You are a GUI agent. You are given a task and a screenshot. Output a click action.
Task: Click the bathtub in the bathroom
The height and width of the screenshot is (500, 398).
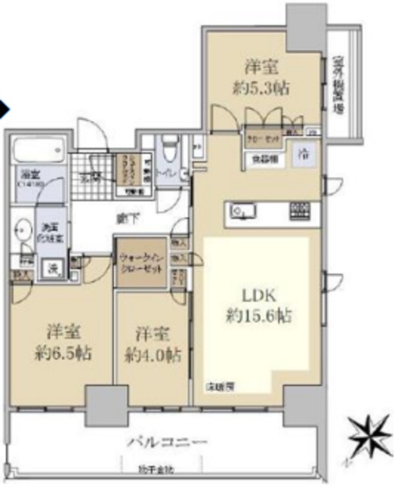coord(38,148)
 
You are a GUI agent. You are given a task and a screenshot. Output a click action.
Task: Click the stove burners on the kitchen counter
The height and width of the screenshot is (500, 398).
coord(300,209)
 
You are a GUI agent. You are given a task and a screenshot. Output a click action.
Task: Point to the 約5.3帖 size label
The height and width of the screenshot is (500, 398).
coord(264,87)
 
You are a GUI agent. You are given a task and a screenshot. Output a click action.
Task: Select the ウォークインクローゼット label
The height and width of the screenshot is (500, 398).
coord(142,256)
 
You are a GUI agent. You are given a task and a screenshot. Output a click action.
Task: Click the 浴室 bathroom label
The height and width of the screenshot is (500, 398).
coord(30,177)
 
